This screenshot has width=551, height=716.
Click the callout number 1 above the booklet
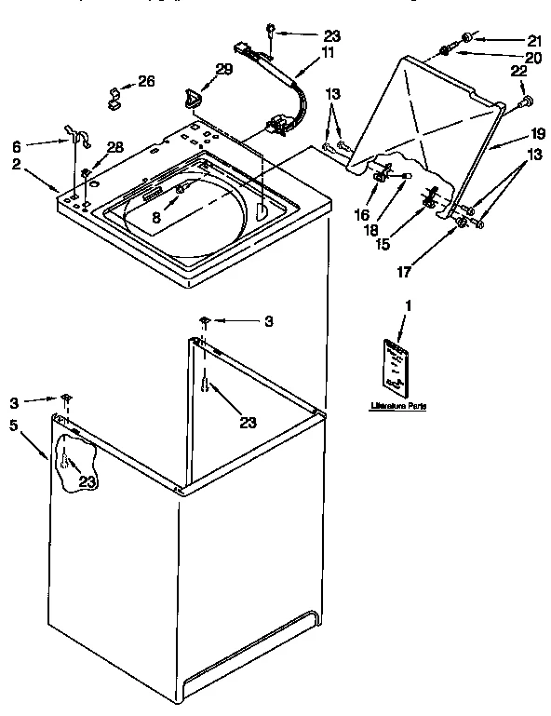(x=406, y=305)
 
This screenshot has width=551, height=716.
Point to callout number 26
(x=146, y=81)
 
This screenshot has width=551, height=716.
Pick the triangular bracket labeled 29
(x=194, y=98)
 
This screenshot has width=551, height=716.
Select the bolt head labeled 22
(x=526, y=101)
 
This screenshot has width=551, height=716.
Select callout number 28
(x=114, y=147)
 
